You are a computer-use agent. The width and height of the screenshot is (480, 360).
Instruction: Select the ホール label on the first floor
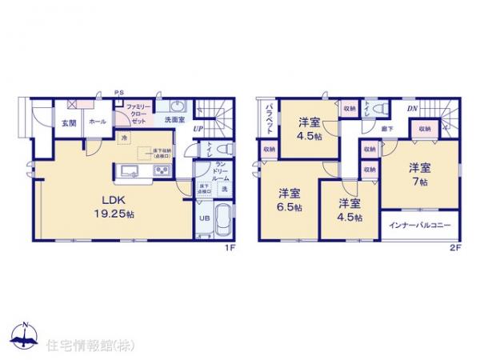[97, 122]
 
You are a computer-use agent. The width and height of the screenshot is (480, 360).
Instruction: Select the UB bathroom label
[203, 218]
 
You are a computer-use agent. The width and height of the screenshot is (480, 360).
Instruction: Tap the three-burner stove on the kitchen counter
[161, 172]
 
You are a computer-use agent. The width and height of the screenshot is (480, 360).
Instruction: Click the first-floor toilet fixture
[223, 150]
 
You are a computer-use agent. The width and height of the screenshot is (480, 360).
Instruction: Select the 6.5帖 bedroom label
[290, 199]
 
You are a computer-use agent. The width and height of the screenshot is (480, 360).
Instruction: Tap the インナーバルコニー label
[418, 223]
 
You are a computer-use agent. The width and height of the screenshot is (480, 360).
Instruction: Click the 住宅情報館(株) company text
[89, 346]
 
